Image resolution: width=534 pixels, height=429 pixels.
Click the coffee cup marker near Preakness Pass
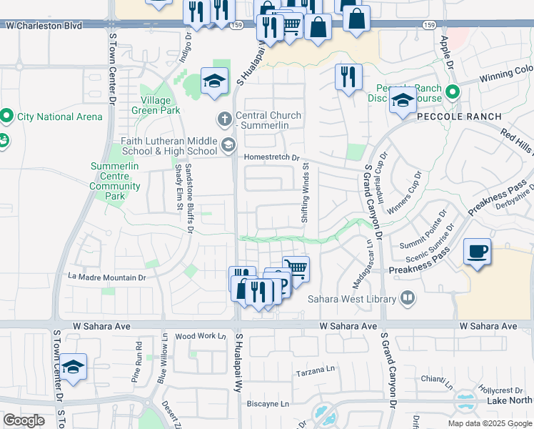click(478, 252)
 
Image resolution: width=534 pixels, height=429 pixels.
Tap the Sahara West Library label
click(351, 299)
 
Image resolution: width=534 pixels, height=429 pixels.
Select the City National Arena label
click(60, 117)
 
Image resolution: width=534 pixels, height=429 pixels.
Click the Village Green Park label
click(155, 105)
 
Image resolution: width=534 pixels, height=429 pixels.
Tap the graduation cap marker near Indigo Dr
click(213, 82)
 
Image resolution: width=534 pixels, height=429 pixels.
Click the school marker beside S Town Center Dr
click(73, 368)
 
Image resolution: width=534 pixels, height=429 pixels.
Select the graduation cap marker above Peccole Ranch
click(403, 101)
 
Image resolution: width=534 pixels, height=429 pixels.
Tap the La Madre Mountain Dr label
click(106, 277)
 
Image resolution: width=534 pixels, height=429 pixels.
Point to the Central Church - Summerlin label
click(268, 120)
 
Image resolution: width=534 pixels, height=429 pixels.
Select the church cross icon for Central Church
click(224, 117)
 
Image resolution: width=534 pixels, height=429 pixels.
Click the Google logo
click(24, 420)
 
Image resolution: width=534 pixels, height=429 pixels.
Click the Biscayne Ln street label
click(268, 403)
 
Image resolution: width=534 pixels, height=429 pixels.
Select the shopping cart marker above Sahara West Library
click(296, 270)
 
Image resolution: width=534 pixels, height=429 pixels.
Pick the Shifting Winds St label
click(305, 194)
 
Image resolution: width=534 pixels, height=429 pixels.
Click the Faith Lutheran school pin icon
click(228, 146)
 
